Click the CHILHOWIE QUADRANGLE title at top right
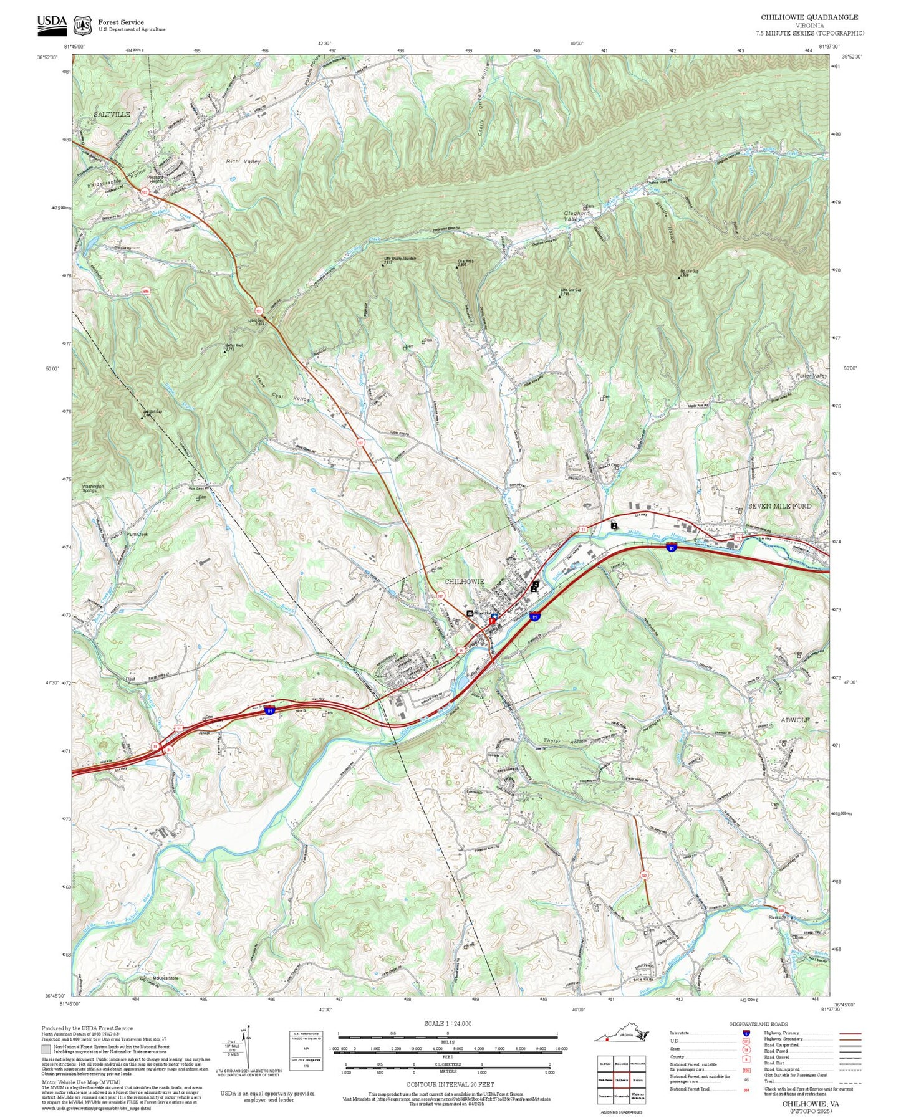coord(809,17)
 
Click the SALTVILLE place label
coord(112,115)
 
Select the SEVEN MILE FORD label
coord(779,506)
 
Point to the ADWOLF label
coord(795,720)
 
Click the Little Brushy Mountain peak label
coord(399,259)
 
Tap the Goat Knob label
coord(465,262)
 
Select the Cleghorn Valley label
coord(577,216)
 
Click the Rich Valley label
coord(243,161)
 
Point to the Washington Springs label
coord(93,488)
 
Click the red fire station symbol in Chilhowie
coord(493,620)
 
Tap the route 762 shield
coord(643,876)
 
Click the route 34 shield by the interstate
coord(168,750)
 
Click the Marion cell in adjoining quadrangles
coord(638,1080)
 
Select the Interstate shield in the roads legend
coord(745,1033)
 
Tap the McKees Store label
coord(165,978)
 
